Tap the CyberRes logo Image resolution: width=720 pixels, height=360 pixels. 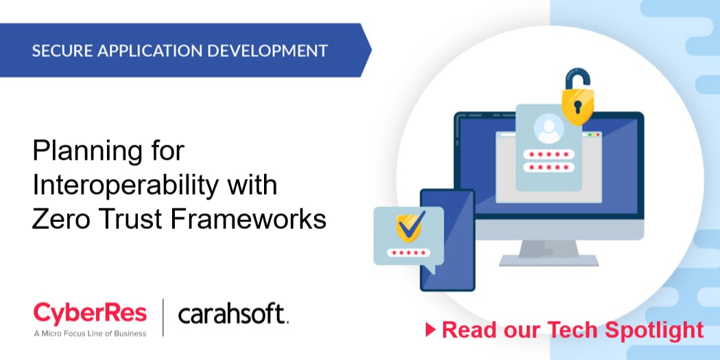click(90, 314)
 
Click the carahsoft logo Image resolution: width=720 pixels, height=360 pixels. click(233, 315)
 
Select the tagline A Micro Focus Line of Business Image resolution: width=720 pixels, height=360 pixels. click(90, 334)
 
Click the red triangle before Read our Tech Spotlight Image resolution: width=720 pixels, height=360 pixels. click(431, 330)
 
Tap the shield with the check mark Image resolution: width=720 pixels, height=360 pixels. click(410, 225)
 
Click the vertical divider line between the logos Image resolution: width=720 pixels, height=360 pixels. click(163, 317)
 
